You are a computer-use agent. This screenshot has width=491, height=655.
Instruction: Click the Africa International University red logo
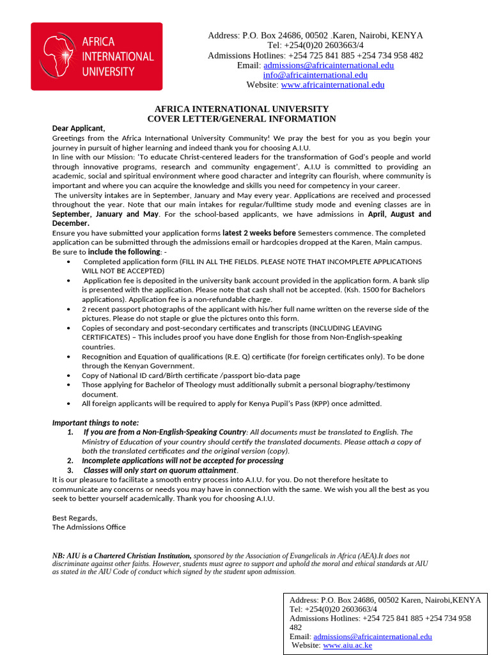pos(97,56)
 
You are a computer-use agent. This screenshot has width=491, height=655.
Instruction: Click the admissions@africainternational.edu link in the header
pos(329,65)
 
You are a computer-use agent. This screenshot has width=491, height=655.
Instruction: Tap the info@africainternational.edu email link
pos(315,75)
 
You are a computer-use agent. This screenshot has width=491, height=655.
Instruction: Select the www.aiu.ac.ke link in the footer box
pos(347,645)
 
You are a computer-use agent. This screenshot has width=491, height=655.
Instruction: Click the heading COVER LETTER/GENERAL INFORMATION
pos(242,119)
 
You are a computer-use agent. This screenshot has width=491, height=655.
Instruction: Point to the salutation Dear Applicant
pos(78,128)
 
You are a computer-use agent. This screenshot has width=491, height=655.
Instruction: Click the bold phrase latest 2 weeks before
pos(259,233)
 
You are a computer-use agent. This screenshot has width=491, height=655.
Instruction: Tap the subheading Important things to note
pos(95,423)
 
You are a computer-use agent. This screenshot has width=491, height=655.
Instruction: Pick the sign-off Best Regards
pos(74,517)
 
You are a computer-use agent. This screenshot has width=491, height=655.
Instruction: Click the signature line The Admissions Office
pos(89,527)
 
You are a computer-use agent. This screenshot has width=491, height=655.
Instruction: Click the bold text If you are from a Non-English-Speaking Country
pos(164,432)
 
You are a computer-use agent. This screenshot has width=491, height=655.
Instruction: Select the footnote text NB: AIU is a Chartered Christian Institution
pos(121,556)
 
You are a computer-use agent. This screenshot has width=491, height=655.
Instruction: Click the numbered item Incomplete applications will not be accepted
pos(182,461)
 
